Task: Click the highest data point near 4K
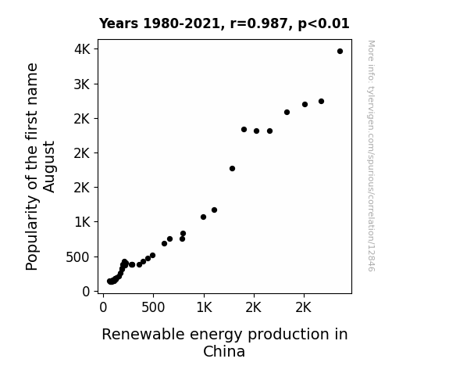pyautogui.click(x=340, y=52)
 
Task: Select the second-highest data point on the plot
pyautogui.click(x=321, y=101)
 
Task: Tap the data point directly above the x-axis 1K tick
pyautogui.click(x=203, y=217)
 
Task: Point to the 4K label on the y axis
pyautogui.click(x=82, y=49)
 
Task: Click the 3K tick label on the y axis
pyautogui.click(x=82, y=84)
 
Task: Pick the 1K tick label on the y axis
pyautogui.click(x=83, y=222)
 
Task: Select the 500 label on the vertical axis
pyautogui.click(x=77, y=257)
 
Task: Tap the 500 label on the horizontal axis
pyautogui.click(x=153, y=308)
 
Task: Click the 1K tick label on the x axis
pyautogui.click(x=204, y=308)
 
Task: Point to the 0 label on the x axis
pyautogui.click(x=103, y=308)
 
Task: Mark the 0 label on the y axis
pyautogui.click(x=86, y=292)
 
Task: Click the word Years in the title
pyautogui.click(x=119, y=23)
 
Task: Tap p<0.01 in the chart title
pyautogui.click(x=323, y=24)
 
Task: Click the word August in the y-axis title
pyautogui.click(x=49, y=167)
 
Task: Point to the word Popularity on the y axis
pyautogui.click(x=32, y=233)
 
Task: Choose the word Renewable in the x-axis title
pyautogui.click(x=143, y=334)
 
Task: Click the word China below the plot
pyautogui.click(x=224, y=351)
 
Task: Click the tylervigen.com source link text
pyautogui.click(x=371, y=156)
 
